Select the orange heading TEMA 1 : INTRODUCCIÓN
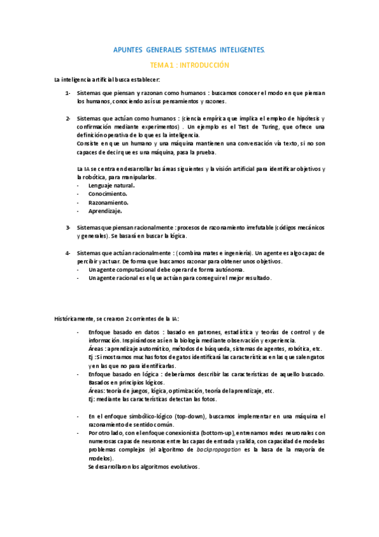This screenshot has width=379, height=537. tap(189, 65)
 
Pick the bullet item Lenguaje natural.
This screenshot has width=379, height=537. tap(111, 186)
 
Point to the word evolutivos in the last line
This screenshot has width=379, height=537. tap(180, 467)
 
